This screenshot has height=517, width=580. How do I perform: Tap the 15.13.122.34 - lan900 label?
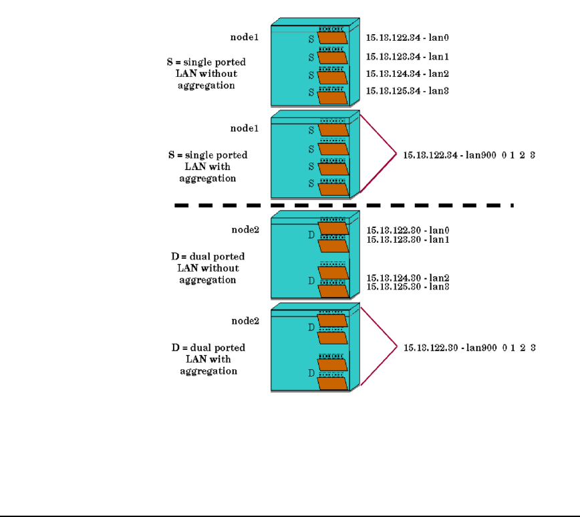(468, 154)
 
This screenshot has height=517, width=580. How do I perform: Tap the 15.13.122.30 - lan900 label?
(468, 348)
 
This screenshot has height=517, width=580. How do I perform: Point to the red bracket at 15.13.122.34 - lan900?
(378, 154)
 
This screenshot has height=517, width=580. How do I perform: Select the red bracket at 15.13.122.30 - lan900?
(378, 347)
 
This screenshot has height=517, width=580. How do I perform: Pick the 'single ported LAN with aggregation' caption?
(208, 167)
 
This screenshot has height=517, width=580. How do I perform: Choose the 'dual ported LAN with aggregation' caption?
(208, 359)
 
